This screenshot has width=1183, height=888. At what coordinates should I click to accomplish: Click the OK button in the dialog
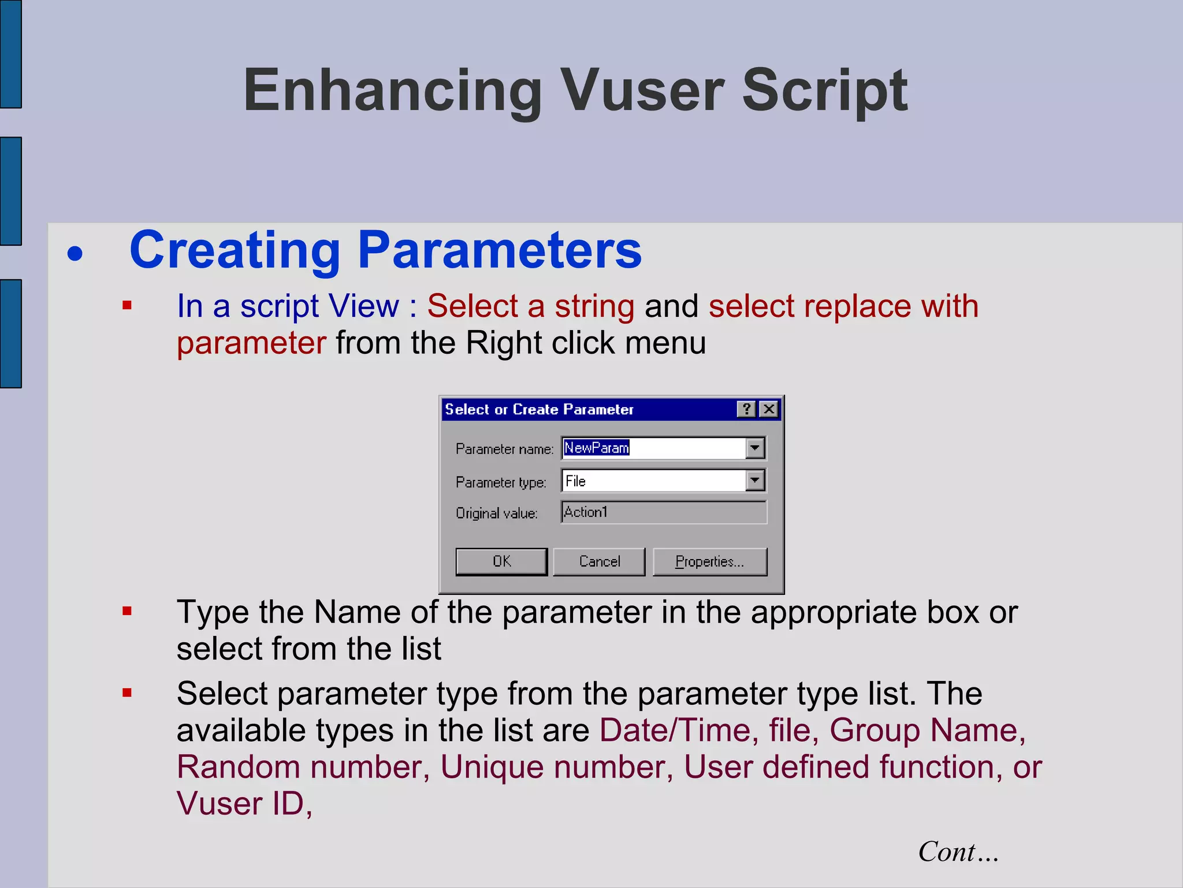tap(501, 561)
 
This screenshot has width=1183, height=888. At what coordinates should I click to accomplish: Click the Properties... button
tap(709, 561)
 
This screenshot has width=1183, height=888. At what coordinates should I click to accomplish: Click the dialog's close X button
tap(769, 409)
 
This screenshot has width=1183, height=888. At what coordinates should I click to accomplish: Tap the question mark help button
tap(746, 409)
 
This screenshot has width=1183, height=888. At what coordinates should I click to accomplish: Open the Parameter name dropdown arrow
tap(755, 448)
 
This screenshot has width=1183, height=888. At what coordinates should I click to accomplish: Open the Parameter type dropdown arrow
tap(755, 480)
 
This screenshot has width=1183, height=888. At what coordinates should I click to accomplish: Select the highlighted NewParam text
tap(596, 448)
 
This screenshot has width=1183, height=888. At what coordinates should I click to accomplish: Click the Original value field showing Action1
tap(663, 512)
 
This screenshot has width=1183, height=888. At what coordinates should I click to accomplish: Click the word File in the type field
tap(575, 481)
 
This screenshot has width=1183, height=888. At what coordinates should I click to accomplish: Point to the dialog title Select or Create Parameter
tap(539, 409)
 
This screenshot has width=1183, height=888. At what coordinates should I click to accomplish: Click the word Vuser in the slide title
tap(644, 91)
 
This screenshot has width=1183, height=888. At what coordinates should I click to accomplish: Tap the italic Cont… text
tap(958, 852)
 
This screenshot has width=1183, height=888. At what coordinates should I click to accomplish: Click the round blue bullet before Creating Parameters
tap(75, 253)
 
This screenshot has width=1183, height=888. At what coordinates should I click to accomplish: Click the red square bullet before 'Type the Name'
tap(127, 611)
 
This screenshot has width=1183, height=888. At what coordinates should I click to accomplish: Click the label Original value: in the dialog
tap(496, 513)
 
